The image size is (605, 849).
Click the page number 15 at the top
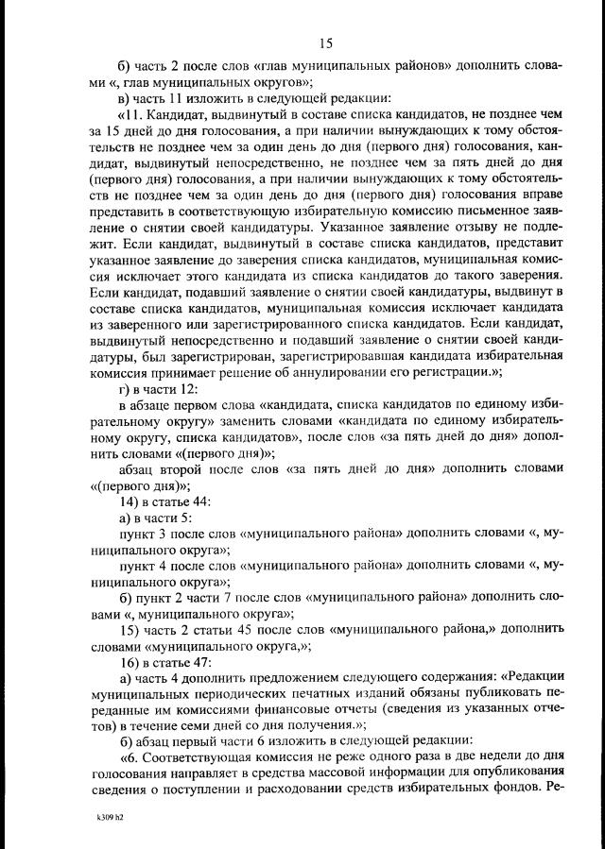[x=326, y=42]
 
